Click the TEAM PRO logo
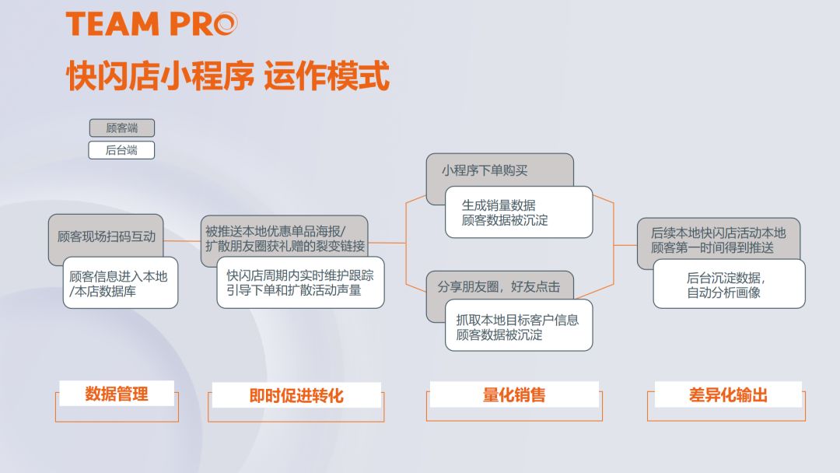click(x=152, y=24)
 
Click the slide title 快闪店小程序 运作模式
click(x=227, y=77)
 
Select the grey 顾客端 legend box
click(x=121, y=128)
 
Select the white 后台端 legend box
click(x=121, y=150)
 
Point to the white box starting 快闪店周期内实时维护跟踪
click(x=300, y=282)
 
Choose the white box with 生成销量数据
click(x=518, y=212)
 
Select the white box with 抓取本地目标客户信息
click(x=518, y=326)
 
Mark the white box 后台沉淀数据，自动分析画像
click(x=729, y=284)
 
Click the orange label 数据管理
click(x=117, y=394)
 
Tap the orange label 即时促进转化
click(x=296, y=396)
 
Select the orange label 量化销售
click(x=514, y=394)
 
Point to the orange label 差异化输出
click(x=728, y=394)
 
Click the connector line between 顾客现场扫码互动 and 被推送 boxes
click(x=182, y=241)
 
